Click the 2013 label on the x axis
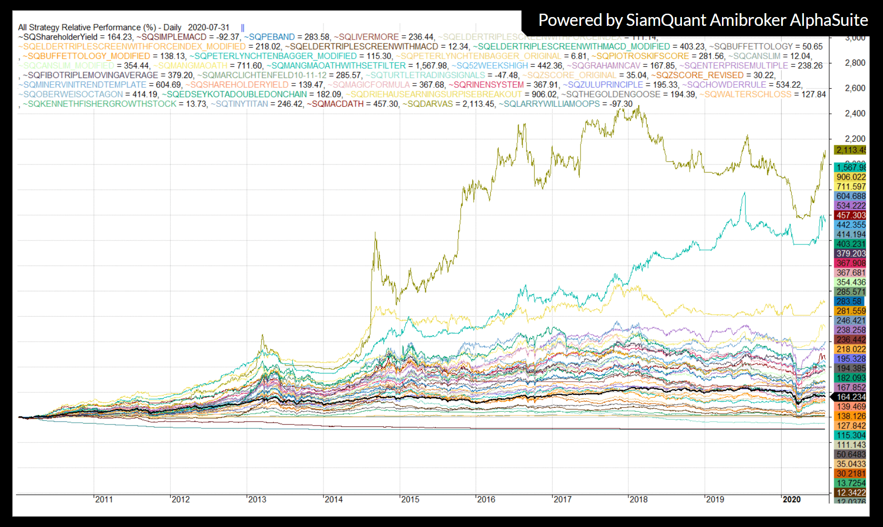click(x=257, y=499)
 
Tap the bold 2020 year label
click(x=792, y=499)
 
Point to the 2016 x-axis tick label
click(x=486, y=499)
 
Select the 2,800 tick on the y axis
click(x=855, y=63)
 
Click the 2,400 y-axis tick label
click(x=855, y=114)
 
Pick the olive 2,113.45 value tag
click(x=851, y=150)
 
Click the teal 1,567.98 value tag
click(x=851, y=167)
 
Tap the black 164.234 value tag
click(x=851, y=397)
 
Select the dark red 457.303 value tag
click(x=851, y=215)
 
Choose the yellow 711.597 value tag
click(x=851, y=186)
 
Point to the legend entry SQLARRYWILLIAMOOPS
click(x=551, y=104)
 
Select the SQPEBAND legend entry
click(x=271, y=37)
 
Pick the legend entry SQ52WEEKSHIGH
click(x=492, y=66)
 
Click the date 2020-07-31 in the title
click(x=208, y=27)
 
